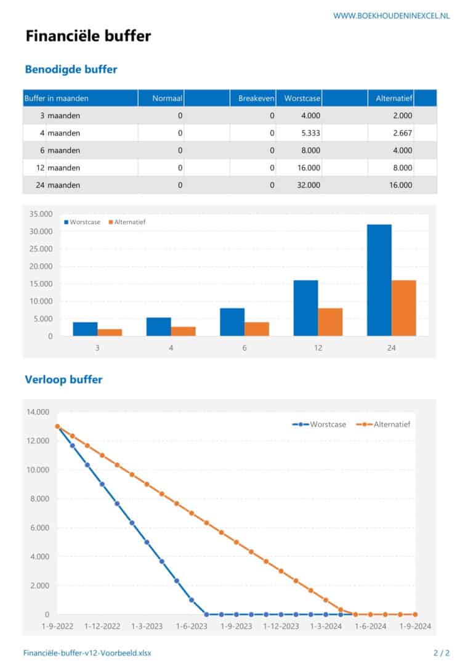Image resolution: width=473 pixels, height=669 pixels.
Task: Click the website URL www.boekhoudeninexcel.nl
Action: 391,15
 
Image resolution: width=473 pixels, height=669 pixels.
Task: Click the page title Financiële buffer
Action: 88,36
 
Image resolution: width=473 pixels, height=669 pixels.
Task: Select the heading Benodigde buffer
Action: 71,70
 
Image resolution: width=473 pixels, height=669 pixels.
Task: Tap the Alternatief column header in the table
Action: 394,98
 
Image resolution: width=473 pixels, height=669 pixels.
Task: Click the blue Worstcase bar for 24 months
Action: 379,280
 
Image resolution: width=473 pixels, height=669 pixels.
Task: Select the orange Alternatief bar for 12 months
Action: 330,322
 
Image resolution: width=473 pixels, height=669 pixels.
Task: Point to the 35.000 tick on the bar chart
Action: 41,214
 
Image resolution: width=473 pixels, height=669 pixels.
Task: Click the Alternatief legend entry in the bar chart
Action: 129,222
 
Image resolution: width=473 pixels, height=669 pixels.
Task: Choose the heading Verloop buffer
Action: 63,379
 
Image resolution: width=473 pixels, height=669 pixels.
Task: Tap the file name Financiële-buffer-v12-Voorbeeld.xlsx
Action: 86,653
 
